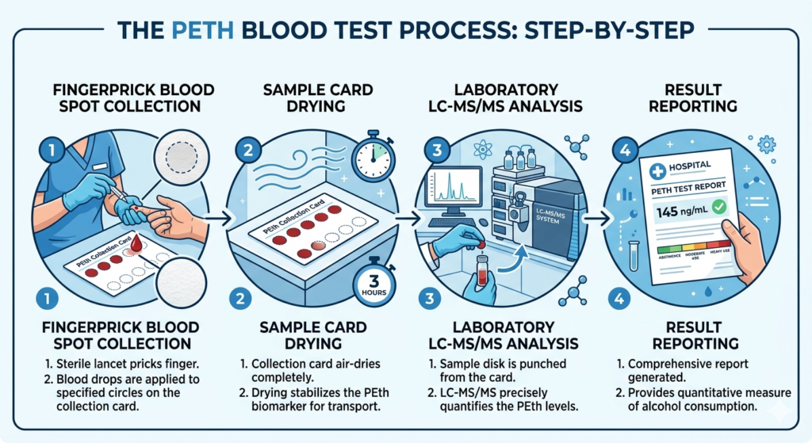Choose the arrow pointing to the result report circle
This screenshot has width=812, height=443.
(604, 214)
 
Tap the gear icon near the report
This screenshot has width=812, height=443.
(765, 145)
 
